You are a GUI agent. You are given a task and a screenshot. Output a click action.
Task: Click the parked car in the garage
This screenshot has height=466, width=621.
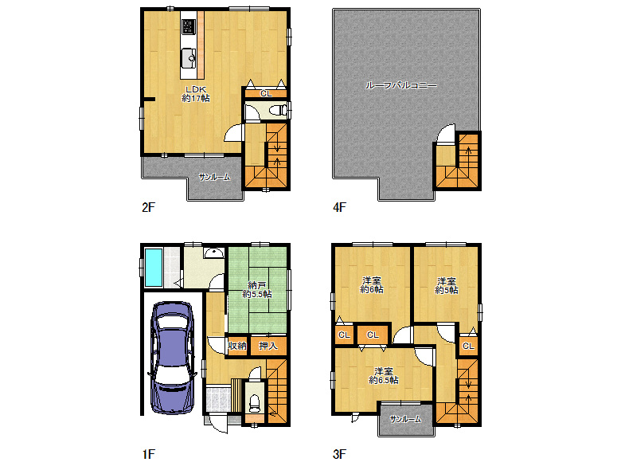tap(173, 358)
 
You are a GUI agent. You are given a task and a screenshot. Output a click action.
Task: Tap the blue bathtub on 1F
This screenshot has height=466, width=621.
tap(154, 267)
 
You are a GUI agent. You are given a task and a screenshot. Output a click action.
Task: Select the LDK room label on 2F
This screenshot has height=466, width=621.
tap(196, 94)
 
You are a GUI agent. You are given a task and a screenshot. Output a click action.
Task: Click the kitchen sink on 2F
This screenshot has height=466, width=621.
tap(189, 58)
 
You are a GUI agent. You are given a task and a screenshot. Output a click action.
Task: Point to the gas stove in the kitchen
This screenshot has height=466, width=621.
tap(189, 27)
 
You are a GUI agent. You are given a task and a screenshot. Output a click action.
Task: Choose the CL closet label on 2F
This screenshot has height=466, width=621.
tap(266, 94)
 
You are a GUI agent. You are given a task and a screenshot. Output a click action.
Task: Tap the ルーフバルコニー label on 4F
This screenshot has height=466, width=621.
tap(400, 85)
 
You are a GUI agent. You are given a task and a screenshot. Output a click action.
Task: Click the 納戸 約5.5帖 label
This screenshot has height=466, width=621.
tap(257, 289)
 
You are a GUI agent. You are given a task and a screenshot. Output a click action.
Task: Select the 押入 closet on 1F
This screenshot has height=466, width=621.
tap(268, 346)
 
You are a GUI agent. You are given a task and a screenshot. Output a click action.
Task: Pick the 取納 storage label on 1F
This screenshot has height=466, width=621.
tap(236, 346)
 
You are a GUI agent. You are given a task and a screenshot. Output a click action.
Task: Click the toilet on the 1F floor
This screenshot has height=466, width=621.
tap(254, 402)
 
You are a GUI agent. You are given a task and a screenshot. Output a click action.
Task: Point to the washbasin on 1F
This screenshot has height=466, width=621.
tap(214, 253)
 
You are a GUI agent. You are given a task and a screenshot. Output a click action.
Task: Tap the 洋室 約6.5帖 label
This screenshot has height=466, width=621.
tap(384, 376)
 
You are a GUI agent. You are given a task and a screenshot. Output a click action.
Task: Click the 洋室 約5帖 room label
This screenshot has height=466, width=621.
tap(447, 285)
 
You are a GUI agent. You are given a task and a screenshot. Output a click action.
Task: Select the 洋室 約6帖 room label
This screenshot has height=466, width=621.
tap(372, 284)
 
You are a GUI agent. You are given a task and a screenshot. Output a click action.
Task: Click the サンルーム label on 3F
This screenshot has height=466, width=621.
tap(405, 419)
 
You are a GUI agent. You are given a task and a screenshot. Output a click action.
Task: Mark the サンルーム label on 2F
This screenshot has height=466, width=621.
tap(214, 177)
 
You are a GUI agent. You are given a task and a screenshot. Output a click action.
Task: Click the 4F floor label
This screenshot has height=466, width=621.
tap(339, 207)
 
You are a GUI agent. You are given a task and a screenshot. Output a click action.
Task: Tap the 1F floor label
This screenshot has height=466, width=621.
tap(149, 454)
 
